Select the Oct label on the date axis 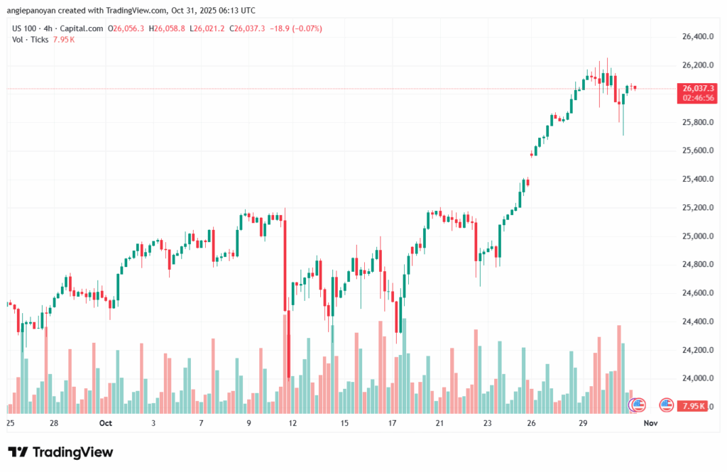(x=106, y=423)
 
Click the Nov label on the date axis (x=650, y=423)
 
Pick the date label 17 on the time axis (x=392, y=423)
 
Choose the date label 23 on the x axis (x=488, y=423)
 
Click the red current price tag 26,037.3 (x=697, y=88)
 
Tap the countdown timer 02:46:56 (x=697, y=98)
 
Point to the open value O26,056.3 (x=126, y=28)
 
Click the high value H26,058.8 (x=168, y=28)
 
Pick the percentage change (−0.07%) (x=307, y=28)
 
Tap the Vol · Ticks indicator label (x=31, y=40)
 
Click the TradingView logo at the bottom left (x=60, y=452)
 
